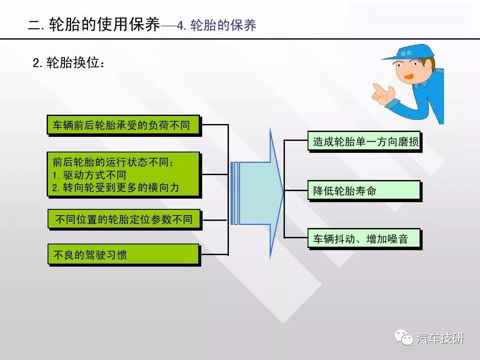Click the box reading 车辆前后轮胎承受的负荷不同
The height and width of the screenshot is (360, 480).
(x=124, y=125)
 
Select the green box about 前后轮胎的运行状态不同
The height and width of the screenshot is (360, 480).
(x=124, y=175)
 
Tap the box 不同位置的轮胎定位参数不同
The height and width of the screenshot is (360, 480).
(x=124, y=220)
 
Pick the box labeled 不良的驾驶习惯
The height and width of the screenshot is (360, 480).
(x=124, y=255)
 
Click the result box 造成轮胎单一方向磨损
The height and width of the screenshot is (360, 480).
(x=365, y=142)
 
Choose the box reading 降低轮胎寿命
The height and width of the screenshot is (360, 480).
(x=365, y=191)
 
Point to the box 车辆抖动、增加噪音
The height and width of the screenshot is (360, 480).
(x=365, y=239)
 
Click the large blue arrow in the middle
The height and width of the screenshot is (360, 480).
(x=257, y=193)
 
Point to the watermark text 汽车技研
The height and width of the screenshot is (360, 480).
(x=440, y=338)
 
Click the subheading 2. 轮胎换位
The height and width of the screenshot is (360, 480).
(x=68, y=63)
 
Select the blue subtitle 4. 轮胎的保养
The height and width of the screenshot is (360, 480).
(x=216, y=25)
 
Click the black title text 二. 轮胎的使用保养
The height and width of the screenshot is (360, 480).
(x=94, y=24)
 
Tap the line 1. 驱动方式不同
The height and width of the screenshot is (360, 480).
(x=89, y=175)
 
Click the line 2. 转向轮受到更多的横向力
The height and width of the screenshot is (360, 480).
(x=116, y=188)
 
